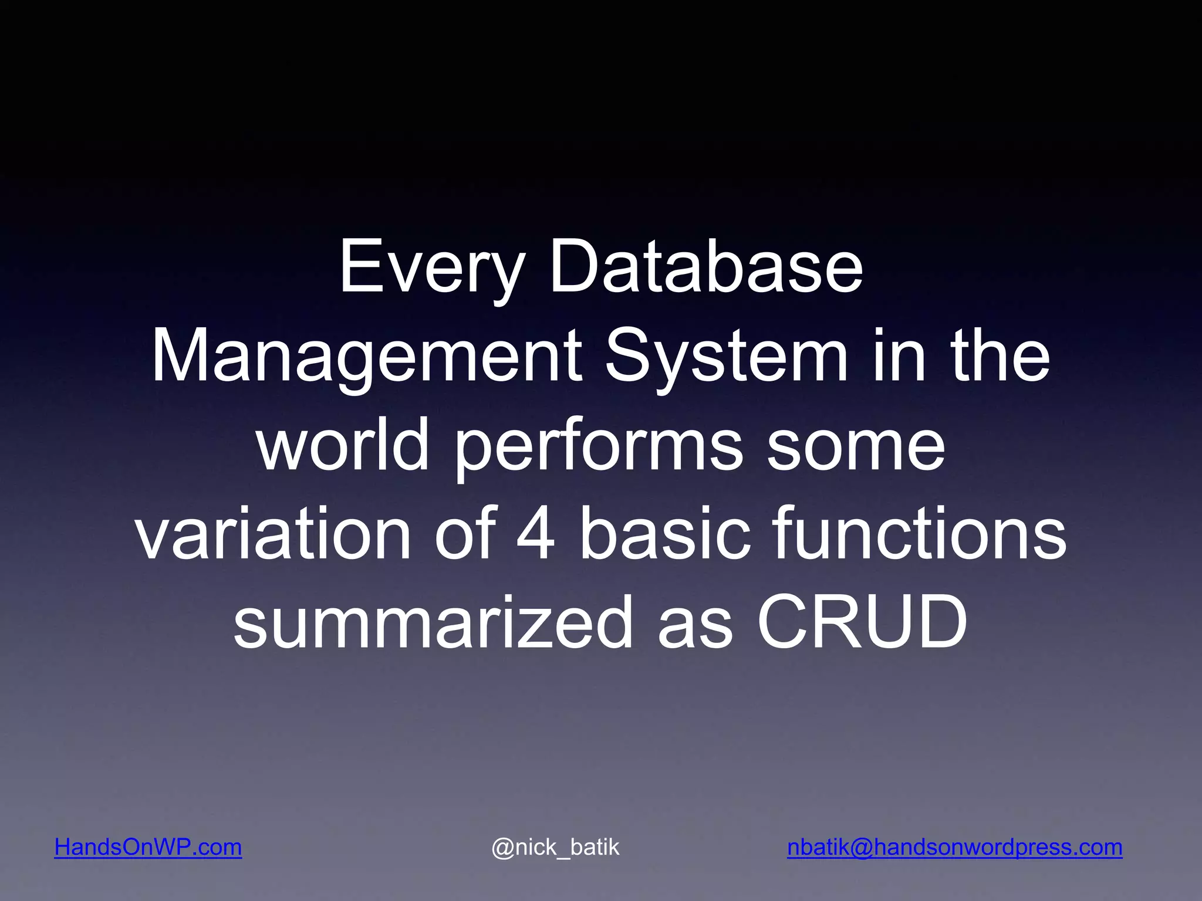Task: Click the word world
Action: (343, 446)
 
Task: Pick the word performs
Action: (599, 446)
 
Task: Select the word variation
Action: (273, 534)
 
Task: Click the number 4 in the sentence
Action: (535, 534)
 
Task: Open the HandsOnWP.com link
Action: (148, 848)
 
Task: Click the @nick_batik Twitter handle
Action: (555, 848)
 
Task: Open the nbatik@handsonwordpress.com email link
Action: (954, 848)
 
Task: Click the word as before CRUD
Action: (695, 623)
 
